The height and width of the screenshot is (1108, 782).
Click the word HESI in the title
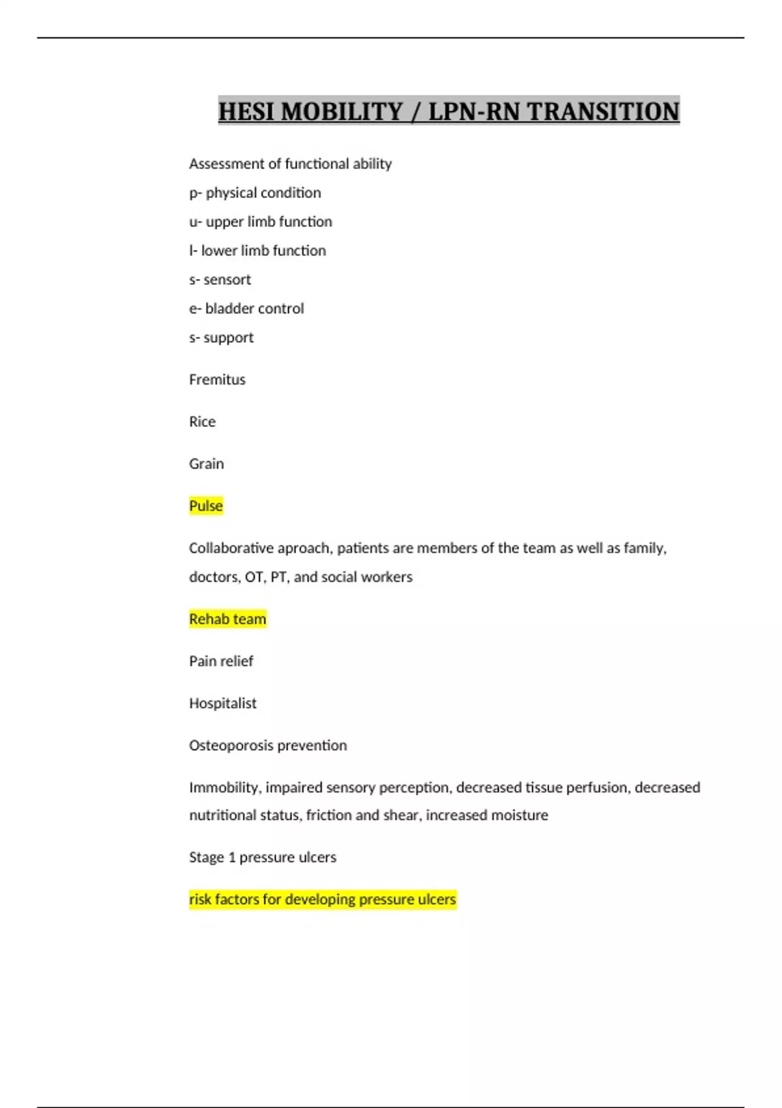click(x=246, y=111)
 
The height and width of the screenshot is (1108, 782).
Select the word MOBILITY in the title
click(x=342, y=111)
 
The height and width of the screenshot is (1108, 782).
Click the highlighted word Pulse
click(x=206, y=506)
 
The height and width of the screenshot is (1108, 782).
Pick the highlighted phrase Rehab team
click(x=227, y=619)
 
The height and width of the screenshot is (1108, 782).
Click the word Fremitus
click(x=217, y=379)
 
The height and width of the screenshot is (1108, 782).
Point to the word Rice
click(x=202, y=422)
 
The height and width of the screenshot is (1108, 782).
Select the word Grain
click(x=206, y=463)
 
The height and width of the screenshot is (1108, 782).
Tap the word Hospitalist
click(x=223, y=703)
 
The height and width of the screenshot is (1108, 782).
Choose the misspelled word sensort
click(x=227, y=280)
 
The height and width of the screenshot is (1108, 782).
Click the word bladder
click(x=229, y=308)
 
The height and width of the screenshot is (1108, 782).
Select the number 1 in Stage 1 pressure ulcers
click(x=231, y=857)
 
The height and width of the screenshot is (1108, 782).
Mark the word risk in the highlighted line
click(x=199, y=899)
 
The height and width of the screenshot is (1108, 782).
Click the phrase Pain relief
click(x=221, y=661)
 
